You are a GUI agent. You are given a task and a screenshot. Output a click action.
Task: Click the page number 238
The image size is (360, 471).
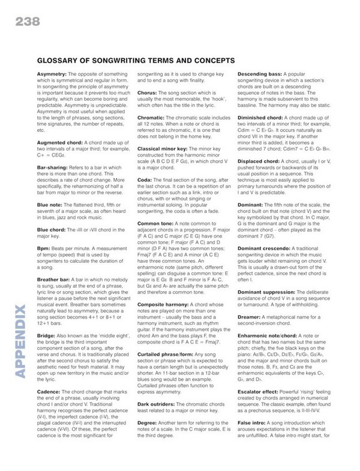click(23, 23)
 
